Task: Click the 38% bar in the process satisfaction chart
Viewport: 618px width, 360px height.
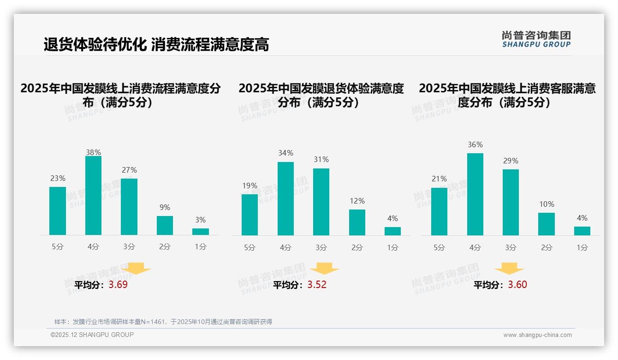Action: point(93,195)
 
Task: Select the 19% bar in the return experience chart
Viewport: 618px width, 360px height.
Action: point(250,215)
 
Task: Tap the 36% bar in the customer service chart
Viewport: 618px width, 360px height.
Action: point(475,194)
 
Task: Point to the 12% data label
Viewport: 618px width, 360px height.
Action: point(357,201)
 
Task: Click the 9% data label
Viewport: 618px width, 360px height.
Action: point(165,207)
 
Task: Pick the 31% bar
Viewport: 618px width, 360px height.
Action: point(321,202)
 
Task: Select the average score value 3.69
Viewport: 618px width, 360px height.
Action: point(118,284)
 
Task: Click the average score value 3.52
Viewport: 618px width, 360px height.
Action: point(317,284)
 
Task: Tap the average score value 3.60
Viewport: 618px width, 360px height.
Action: point(517,284)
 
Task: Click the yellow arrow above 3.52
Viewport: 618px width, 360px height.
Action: point(324,269)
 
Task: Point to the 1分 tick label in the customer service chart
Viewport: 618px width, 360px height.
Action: point(582,247)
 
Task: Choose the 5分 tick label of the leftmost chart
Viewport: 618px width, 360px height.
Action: point(58,246)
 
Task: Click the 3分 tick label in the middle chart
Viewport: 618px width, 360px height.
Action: point(321,247)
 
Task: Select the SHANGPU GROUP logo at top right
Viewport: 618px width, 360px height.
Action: point(536,39)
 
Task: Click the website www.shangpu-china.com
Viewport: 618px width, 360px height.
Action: point(537,335)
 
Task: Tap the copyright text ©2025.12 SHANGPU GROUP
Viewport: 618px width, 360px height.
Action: point(92,335)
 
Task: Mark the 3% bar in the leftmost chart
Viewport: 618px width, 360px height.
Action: point(201,232)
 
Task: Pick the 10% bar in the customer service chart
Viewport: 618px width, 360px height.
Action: point(547,224)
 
